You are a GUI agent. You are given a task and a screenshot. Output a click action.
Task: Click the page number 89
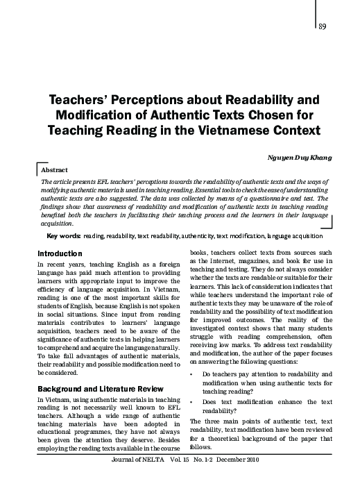click(x=323, y=26)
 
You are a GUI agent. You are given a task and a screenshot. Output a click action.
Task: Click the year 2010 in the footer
click(x=257, y=480)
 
